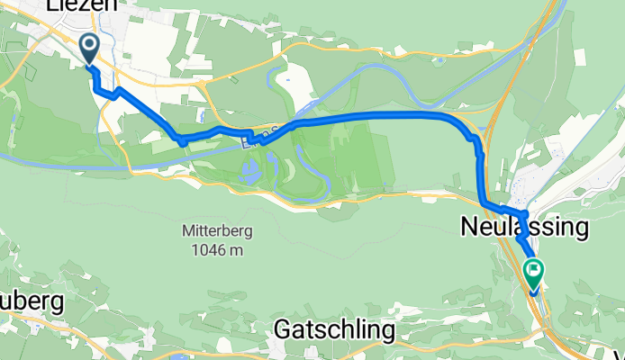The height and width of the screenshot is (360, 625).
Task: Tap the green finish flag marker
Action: [533, 269]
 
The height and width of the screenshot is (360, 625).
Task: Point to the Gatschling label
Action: [334, 331]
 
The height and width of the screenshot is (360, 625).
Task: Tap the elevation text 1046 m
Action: [217, 249]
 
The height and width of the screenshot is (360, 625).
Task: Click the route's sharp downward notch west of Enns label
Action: [182, 141]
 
